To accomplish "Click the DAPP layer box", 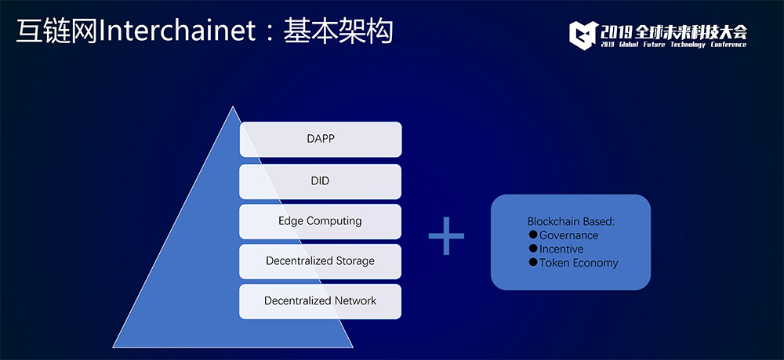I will [320, 139].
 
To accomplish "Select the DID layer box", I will [320, 180].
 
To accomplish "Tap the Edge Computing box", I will [320, 221].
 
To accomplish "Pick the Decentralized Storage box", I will [320, 261].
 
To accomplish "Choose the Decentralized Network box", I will [320, 301].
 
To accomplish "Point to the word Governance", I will [568, 235].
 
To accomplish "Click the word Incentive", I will [561, 249].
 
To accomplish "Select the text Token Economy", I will [579, 263].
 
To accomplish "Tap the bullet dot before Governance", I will [533, 235].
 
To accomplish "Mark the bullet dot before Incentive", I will [533, 249].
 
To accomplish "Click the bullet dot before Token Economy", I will [533, 263].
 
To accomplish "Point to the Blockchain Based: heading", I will [570, 222].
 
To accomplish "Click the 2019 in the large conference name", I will [617, 31].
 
